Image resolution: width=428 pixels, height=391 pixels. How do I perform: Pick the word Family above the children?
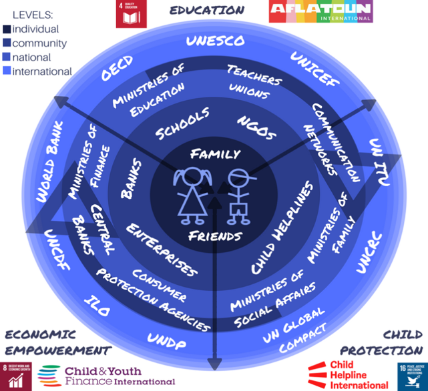coord(215,154)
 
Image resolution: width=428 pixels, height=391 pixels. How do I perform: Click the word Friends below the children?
coord(214,236)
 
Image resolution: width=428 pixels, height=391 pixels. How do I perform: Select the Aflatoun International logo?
coord(320,12)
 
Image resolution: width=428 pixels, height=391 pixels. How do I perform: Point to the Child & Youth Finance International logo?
coord(106,376)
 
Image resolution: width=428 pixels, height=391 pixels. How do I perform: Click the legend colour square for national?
coord(7,57)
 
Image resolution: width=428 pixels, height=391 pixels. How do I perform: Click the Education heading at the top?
coord(206,10)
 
